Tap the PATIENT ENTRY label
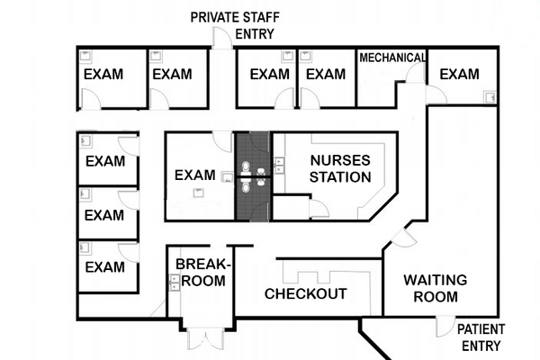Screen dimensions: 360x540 [x=481, y=337]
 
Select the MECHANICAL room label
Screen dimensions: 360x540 [x=391, y=58]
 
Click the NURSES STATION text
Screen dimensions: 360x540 [x=339, y=168]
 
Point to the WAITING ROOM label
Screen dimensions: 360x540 [x=435, y=288]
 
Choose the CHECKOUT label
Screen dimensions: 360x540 [x=305, y=294]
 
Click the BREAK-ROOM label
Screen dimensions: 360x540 [x=202, y=272]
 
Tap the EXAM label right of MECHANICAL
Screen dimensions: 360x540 [x=459, y=74]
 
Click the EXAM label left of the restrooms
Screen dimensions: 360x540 [x=195, y=175]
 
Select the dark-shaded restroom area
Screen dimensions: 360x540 [x=252, y=175]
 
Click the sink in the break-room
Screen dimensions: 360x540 [x=175, y=282]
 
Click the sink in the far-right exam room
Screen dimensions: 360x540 [x=490, y=95]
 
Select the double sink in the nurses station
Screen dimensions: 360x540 [x=279, y=166]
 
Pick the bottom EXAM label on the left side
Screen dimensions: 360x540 [x=104, y=267]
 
